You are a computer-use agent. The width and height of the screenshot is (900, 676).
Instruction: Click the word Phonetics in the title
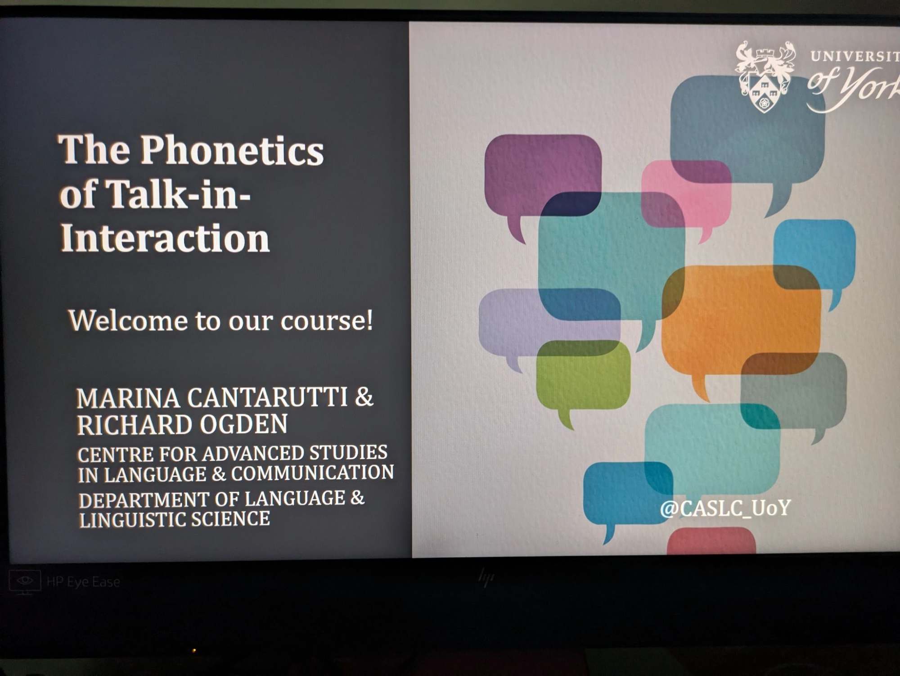point(232,150)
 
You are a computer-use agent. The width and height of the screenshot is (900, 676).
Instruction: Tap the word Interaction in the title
point(165,237)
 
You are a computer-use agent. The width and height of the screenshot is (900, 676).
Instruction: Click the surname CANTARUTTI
point(267,397)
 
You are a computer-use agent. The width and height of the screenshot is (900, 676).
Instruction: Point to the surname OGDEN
point(243,424)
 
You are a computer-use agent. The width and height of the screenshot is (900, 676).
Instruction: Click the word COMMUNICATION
point(312,473)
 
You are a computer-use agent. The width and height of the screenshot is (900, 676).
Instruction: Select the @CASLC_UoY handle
point(725,508)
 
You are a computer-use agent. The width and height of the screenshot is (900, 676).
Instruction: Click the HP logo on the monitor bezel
point(486,578)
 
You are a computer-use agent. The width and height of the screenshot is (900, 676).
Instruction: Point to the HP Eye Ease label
point(83,582)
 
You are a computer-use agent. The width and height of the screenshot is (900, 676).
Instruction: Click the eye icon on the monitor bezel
point(25,581)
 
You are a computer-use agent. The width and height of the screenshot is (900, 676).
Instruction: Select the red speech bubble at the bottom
point(711,541)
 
